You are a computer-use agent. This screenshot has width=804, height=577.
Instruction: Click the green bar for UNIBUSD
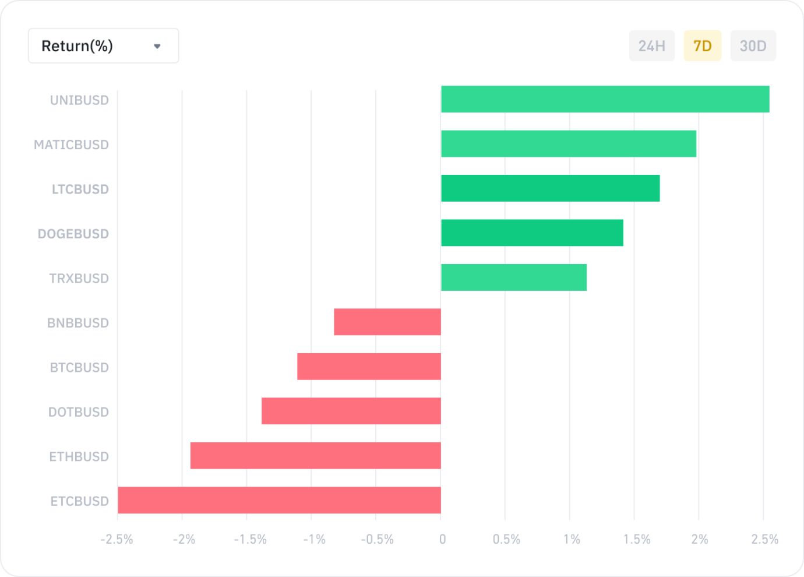click(605, 99)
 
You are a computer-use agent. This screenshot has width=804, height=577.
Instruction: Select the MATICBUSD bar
click(569, 144)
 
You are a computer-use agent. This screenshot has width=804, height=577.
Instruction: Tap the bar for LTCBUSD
click(550, 188)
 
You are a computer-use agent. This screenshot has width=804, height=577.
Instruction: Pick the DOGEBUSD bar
click(532, 233)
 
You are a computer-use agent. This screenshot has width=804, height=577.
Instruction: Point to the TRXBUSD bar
click(513, 277)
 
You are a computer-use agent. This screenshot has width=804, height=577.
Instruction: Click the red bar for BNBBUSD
click(387, 322)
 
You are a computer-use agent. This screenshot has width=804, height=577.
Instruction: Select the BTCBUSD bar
click(369, 367)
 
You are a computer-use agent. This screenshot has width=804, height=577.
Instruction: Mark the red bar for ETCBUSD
click(279, 500)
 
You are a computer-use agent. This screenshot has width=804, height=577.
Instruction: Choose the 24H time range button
click(651, 46)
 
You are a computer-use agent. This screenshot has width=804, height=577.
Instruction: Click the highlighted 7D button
click(702, 46)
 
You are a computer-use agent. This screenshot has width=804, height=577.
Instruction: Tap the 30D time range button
click(753, 46)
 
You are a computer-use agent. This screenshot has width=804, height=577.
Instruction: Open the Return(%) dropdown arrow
click(157, 46)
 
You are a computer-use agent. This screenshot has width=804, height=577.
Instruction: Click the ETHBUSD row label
click(79, 456)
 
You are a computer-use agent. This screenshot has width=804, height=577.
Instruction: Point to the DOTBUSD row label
click(78, 412)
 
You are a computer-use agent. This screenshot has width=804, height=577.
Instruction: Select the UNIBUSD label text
click(79, 100)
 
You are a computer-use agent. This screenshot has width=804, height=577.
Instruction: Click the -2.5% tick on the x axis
click(117, 540)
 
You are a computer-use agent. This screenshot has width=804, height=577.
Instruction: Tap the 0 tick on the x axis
click(442, 540)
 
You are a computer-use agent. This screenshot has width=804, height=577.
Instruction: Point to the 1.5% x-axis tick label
click(637, 540)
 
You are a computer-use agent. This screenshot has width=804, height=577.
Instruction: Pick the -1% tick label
click(314, 540)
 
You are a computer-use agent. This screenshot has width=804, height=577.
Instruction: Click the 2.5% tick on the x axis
click(764, 540)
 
